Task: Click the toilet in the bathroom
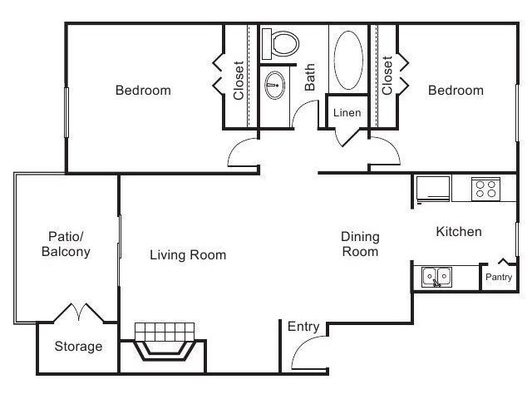[x=279, y=44]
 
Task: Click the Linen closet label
[x=346, y=112]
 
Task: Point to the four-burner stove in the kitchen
[x=484, y=189]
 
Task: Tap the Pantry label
[x=499, y=278]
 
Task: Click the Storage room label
[x=78, y=346]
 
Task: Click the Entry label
[x=303, y=327]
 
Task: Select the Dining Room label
[x=360, y=244]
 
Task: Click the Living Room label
[x=187, y=255]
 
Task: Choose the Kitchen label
[x=458, y=232]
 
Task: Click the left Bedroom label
[x=143, y=90]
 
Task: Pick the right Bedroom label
[x=456, y=90]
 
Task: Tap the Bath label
[x=310, y=77]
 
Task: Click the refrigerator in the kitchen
[x=433, y=188]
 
